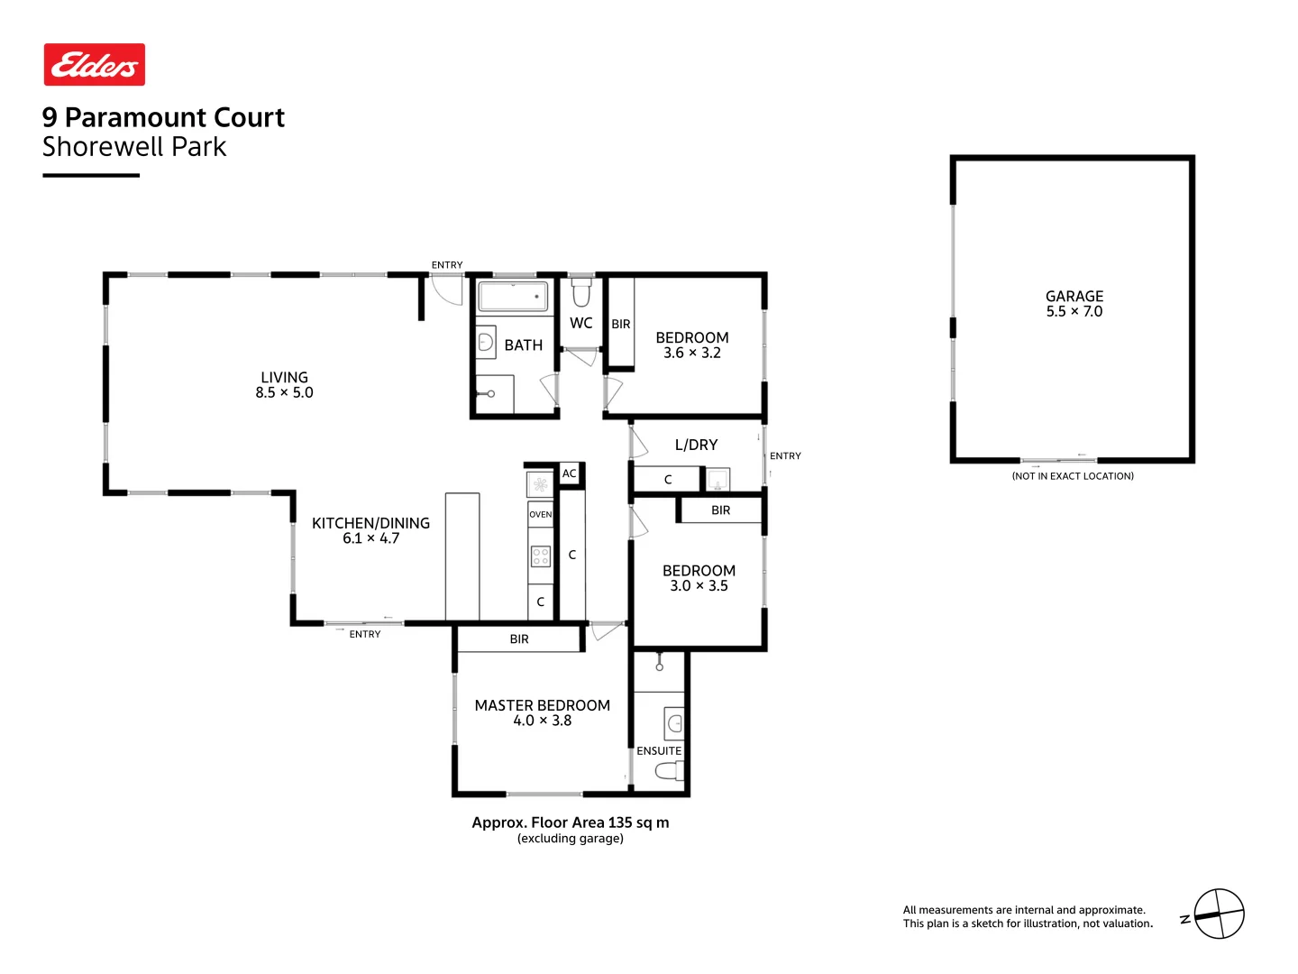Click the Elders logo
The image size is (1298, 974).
tap(95, 65)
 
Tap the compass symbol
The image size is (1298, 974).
tap(1219, 914)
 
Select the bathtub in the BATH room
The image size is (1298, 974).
tap(513, 297)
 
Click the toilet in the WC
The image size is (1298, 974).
tap(581, 293)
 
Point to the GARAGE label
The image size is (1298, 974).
tap(1074, 296)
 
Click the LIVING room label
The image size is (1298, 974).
tap(284, 377)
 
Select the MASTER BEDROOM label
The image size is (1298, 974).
tap(542, 705)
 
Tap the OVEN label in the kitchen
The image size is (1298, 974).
tap(540, 514)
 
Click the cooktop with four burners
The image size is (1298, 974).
tap(540, 556)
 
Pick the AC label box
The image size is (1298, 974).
tap(569, 473)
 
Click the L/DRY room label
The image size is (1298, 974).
tap(696, 445)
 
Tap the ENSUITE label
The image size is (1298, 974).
tap(659, 750)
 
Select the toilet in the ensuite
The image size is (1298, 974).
tap(669, 771)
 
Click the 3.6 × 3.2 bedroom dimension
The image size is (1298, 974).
tap(691, 353)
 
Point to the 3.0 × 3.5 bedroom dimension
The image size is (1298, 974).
tap(699, 585)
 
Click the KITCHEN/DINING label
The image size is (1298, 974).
tap(370, 523)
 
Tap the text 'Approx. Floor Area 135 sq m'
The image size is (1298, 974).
tap(570, 822)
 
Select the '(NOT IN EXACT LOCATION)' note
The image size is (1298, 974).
tap(1073, 476)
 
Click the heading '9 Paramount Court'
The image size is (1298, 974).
tap(163, 117)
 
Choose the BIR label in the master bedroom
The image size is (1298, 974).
tap(519, 639)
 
